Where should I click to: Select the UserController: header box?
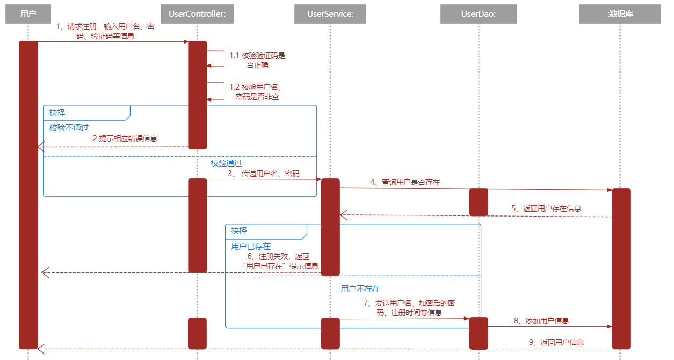point(197,14)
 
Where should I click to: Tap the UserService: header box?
point(330,14)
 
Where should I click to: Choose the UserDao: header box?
point(479,14)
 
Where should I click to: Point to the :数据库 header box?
point(620,14)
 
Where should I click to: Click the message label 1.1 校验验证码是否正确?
point(257,60)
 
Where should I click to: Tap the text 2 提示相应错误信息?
point(125,138)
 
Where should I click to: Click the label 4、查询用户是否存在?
point(404,182)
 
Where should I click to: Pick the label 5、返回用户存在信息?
point(546,208)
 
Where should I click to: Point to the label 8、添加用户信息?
point(541,321)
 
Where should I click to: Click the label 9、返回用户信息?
point(556,342)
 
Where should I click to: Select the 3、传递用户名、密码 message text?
point(263,174)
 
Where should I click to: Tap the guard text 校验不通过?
point(69,127)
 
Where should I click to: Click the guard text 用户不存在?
point(360,289)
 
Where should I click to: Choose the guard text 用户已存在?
point(251,246)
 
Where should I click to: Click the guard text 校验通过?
point(226,163)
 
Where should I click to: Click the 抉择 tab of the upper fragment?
point(58,112)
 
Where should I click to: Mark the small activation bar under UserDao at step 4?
point(479,201)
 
